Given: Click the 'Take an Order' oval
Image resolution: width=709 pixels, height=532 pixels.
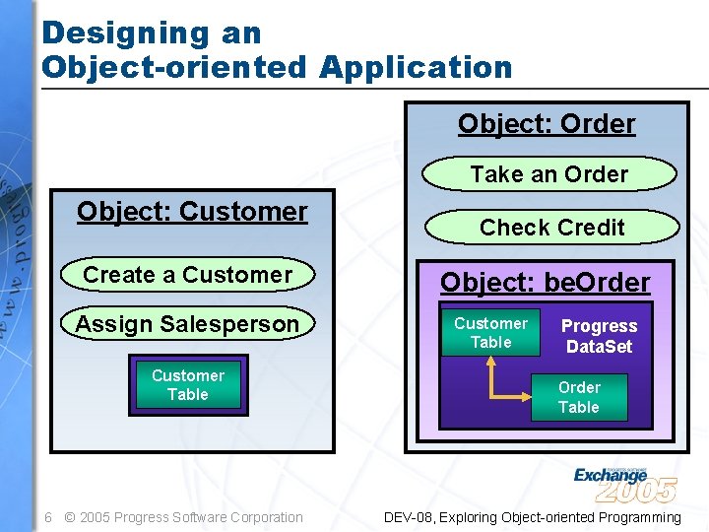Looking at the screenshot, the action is pos(548,174).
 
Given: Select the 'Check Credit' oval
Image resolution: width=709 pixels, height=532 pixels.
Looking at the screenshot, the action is pos(551,228).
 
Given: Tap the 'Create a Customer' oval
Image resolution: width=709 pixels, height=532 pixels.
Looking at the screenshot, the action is pos(188,275).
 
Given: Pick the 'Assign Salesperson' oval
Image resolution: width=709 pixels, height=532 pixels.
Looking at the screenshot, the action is pos(187,324).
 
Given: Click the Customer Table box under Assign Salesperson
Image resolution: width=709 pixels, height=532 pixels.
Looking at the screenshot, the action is pos(187,385).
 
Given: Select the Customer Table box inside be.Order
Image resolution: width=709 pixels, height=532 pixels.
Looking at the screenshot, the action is pos(490,333).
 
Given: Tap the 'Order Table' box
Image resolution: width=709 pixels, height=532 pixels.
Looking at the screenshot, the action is pos(578,397).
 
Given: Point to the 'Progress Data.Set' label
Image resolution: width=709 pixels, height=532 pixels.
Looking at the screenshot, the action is pos(599,336).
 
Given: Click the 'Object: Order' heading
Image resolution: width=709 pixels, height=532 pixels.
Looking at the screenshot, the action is pos(547,124).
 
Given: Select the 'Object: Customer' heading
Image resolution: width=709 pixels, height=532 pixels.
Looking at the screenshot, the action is pos(192,212).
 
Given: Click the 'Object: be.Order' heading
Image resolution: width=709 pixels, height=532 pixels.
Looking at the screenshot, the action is pos(545,283).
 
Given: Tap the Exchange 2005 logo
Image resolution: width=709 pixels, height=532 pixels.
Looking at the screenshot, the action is pos(624,483).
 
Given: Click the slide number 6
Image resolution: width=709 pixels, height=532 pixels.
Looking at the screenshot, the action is pos(47,517).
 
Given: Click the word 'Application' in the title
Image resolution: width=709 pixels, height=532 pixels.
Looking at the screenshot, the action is pos(416,67).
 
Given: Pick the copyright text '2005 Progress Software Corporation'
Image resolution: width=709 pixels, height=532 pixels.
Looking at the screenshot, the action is pos(191,517).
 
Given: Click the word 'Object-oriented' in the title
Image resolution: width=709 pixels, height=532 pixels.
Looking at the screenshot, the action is pos(175,67).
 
